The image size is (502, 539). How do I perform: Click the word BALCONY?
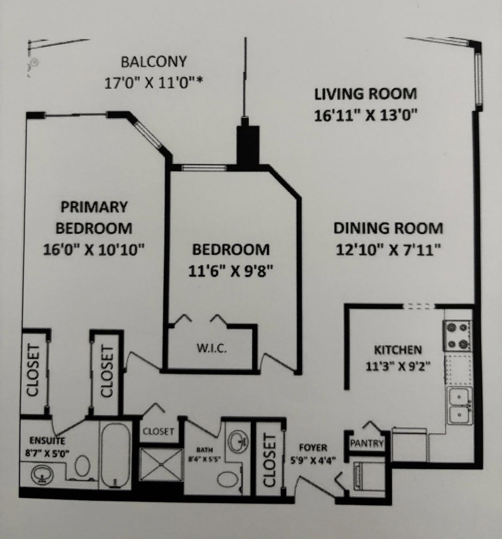pos(154,61)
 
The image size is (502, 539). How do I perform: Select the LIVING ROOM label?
pos(366,94)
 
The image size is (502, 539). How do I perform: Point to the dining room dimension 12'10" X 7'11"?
pos(389,251)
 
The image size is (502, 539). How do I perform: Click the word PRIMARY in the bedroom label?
pos(94,207)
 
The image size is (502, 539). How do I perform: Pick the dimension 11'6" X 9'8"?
pos(231,271)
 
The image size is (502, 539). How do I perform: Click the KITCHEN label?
pos(398,350)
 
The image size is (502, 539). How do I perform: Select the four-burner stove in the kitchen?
pos(457,336)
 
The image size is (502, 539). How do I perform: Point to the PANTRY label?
pos(366,443)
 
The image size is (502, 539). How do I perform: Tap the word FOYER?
pos(313,447)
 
